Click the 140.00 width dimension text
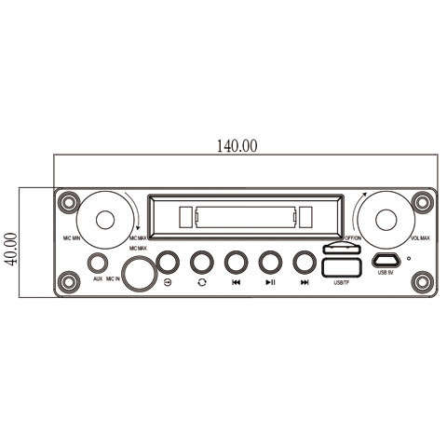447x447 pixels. tap(237, 146)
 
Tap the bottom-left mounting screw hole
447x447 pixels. tap(67, 278)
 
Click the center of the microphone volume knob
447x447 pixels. tap(103, 222)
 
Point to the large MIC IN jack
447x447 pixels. tap(140, 274)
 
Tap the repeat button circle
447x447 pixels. tap(201, 262)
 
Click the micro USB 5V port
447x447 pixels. tap(386, 261)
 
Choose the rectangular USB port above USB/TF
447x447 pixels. tap(338, 269)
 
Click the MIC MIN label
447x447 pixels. tap(71, 238)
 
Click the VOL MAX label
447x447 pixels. tap(418, 238)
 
